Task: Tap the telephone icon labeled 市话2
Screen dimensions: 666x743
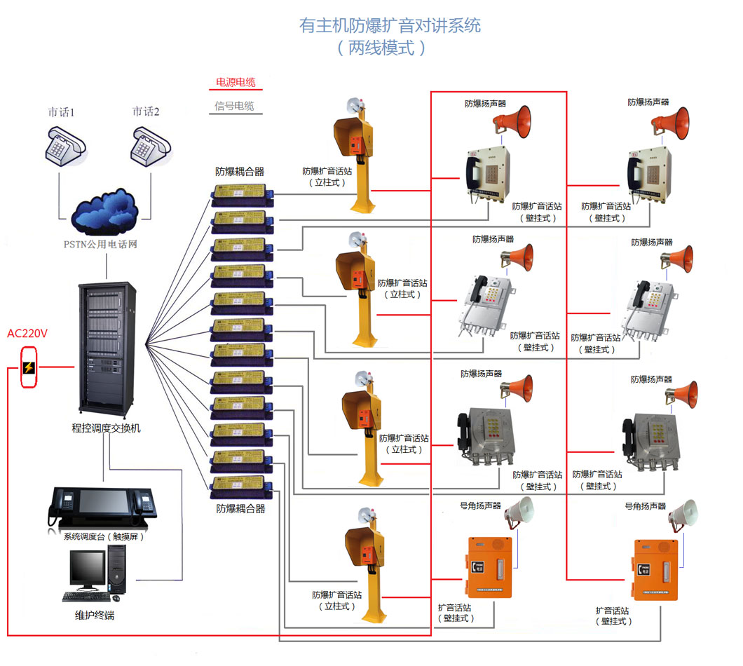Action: click(x=149, y=145)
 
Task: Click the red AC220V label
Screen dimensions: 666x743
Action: click(x=27, y=334)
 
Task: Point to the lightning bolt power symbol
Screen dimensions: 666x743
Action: click(x=29, y=367)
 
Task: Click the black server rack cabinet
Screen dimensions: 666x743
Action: click(x=107, y=347)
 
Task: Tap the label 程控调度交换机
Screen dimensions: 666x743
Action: click(x=107, y=428)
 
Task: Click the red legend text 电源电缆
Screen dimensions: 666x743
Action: click(x=236, y=83)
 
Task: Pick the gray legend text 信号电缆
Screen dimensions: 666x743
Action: click(x=235, y=107)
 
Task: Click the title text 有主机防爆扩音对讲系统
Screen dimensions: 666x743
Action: click(x=390, y=26)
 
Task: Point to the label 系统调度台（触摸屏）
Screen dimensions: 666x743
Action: click(x=104, y=537)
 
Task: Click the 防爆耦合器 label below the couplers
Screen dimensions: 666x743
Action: click(x=240, y=509)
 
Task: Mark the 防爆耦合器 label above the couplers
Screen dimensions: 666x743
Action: click(x=240, y=171)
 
